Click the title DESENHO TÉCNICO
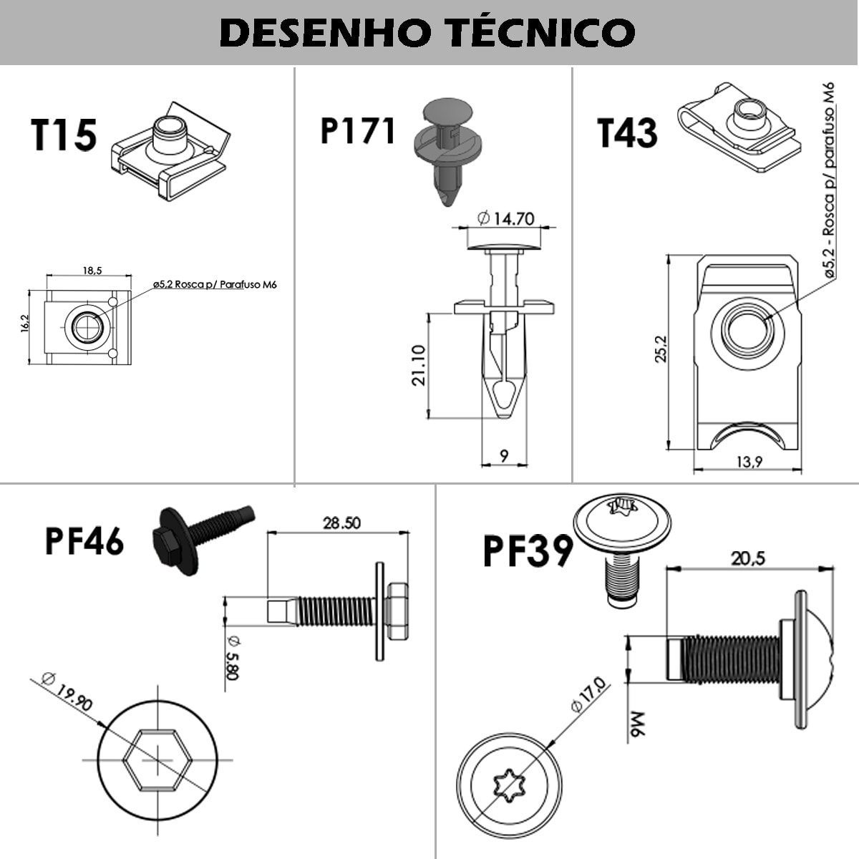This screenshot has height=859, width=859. point(427,31)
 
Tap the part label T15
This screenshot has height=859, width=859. point(64,135)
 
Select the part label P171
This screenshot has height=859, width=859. point(358,131)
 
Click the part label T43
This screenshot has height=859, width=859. point(627,133)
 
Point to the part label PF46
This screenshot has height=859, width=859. point(84,540)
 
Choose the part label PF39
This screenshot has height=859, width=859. point(528,551)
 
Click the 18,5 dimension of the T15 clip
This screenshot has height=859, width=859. point(92,271)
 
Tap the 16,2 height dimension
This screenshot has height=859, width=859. point(24,323)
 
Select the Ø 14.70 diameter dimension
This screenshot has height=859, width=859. point(505,218)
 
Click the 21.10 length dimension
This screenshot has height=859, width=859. point(419,365)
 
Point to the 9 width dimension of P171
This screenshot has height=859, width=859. point(504,456)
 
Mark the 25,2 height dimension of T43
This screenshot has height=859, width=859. point(661,349)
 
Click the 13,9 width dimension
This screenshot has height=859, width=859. point(749,462)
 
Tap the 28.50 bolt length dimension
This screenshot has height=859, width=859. point(342,523)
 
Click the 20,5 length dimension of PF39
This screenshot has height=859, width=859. point(748,558)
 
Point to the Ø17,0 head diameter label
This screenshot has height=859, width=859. point(588,695)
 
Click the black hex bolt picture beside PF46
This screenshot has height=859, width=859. point(203,540)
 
